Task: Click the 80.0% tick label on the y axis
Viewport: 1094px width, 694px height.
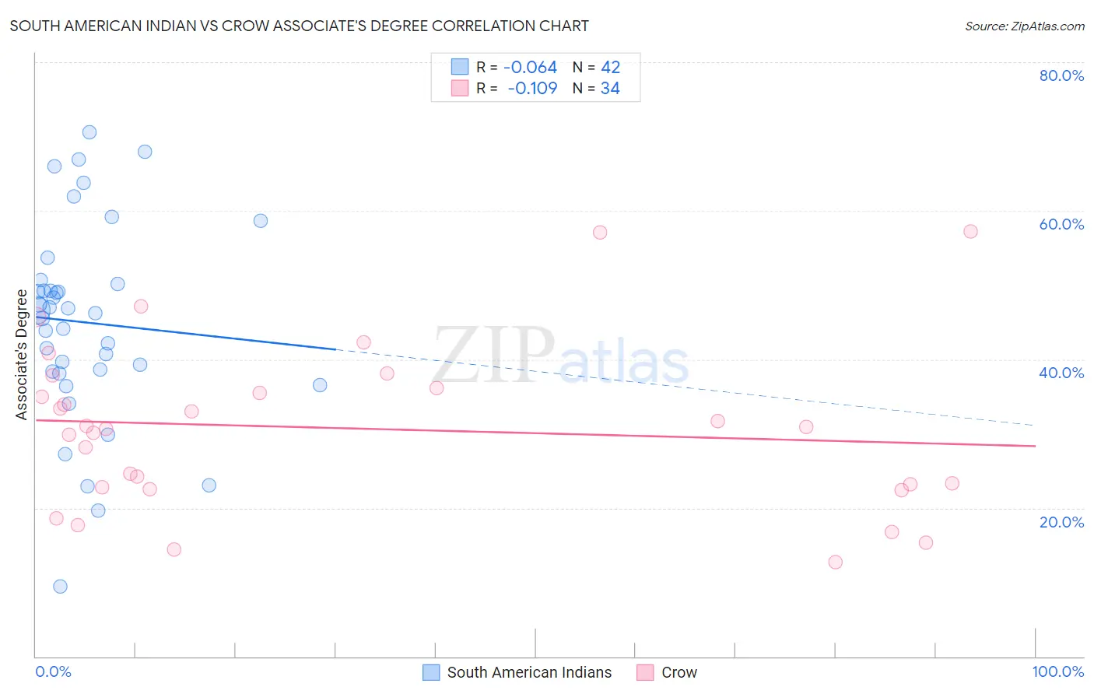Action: [1061, 75]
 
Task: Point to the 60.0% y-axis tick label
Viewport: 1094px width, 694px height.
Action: [1061, 224]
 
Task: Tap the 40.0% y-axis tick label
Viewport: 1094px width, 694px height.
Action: [1061, 373]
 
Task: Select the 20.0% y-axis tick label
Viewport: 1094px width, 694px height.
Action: [1061, 521]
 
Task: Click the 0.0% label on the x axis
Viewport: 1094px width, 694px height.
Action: [53, 671]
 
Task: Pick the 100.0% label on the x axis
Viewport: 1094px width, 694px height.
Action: [1057, 671]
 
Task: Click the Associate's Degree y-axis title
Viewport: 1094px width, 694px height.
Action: [22, 354]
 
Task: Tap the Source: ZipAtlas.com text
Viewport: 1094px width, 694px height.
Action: [1024, 26]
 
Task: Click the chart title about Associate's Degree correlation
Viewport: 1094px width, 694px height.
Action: [299, 26]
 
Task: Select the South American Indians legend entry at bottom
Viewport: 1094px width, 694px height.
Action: [529, 672]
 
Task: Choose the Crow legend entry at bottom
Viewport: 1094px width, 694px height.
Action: [678, 672]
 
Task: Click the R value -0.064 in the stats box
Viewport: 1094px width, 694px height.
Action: [530, 68]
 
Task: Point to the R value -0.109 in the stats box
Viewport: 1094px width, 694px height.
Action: [532, 89]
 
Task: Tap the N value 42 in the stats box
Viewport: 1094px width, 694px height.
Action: [610, 68]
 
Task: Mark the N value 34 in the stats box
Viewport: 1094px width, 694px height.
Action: [610, 89]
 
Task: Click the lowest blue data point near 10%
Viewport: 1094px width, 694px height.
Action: [60, 587]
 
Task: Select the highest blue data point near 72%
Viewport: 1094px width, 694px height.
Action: [89, 132]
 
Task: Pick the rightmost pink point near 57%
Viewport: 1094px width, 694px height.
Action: [970, 231]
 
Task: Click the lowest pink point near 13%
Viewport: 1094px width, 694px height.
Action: [836, 562]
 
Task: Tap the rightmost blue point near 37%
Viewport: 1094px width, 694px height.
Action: [320, 385]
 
